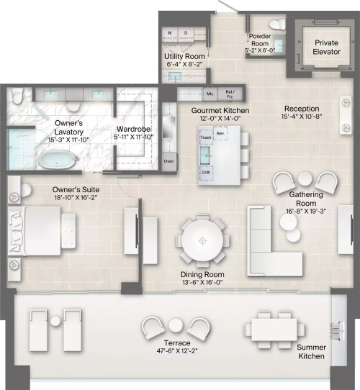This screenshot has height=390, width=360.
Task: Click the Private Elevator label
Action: point(326,47)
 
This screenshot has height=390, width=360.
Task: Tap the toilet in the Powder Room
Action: point(277,24)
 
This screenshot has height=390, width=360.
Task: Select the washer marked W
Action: point(170,33)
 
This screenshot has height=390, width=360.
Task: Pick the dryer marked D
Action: point(186,33)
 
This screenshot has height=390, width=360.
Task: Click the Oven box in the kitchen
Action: point(169,161)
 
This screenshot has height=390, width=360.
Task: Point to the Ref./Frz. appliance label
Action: point(230,94)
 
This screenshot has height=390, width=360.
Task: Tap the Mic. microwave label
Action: point(210,94)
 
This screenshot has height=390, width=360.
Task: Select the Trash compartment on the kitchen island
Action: point(206,137)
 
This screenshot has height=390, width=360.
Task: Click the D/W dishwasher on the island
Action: point(206,173)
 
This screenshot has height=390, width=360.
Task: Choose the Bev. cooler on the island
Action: point(220,134)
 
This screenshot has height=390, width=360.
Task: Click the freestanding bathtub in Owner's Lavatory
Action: point(58,160)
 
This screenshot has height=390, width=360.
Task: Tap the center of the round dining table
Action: point(202,241)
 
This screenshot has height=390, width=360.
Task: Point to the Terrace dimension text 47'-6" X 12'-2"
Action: point(177,351)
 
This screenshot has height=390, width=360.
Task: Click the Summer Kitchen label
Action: point(311,352)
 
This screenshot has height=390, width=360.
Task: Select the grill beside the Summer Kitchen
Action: point(338,331)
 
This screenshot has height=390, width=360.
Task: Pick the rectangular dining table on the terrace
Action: point(274,330)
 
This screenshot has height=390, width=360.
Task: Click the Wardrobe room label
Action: point(133,129)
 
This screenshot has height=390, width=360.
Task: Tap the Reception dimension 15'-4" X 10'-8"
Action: point(302,117)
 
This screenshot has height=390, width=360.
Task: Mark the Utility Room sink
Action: point(175,76)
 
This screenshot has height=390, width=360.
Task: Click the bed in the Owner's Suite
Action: point(35,231)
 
